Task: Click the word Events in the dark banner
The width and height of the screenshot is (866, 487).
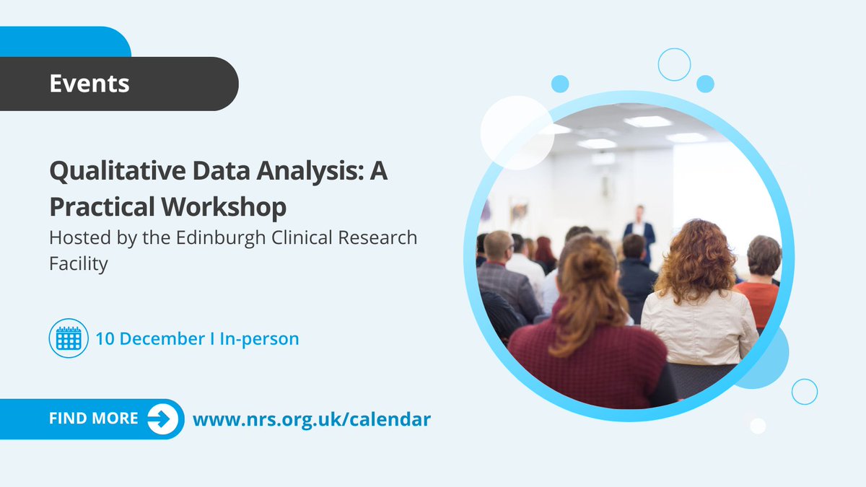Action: [x=89, y=84]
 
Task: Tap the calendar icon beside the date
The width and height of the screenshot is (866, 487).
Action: [x=69, y=338]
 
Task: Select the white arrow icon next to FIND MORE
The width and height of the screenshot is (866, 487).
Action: [x=163, y=419]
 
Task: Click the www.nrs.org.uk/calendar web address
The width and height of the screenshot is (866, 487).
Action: [x=311, y=418]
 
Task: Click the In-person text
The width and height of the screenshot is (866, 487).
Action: [x=260, y=338]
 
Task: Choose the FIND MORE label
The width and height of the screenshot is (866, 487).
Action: [x=94, y=418]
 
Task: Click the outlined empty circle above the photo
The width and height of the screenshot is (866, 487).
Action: [x=674, y=65]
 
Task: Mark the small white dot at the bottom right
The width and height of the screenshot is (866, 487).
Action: [x=757, y=426]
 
